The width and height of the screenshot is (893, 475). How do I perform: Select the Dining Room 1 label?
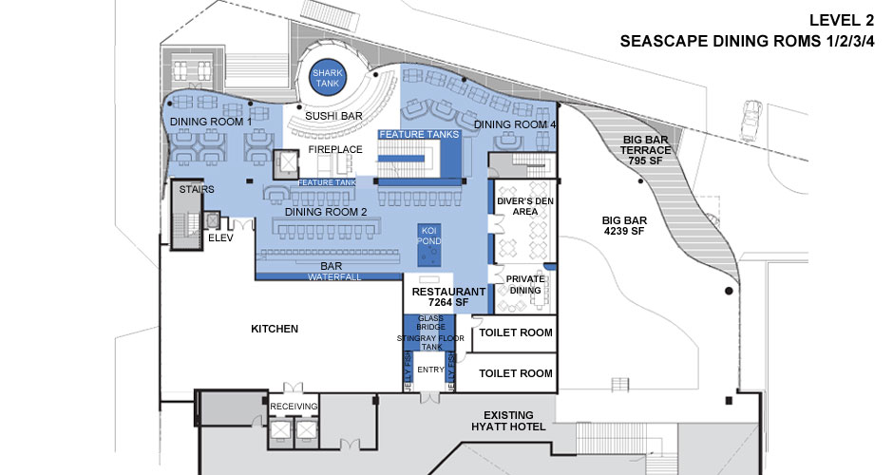coord(211,123)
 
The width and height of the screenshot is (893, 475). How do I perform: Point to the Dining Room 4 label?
coord(515,124)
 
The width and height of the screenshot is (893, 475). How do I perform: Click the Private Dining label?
coord(523,285)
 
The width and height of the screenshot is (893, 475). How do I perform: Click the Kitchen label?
coord(275,329)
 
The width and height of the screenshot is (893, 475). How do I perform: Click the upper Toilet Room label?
coord(515,333)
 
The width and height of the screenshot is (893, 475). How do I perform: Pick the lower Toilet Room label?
coord(515,373)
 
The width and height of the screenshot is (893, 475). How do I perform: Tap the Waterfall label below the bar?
coord(332,277)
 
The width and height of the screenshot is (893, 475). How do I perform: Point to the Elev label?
coord(220,238)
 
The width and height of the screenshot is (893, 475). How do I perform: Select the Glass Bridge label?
coord(431,322)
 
